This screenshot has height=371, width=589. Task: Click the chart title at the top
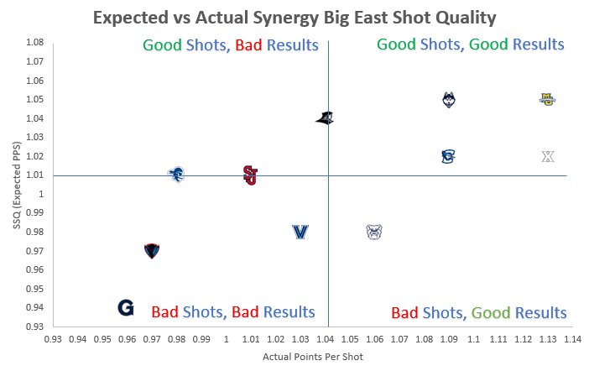click(295, 18)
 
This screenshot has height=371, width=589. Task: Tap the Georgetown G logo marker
click(126, 307)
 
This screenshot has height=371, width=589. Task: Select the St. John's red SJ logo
click(250, 175)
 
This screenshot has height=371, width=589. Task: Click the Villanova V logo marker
click(300, 232)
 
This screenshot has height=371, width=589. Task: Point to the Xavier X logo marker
click(548, 156)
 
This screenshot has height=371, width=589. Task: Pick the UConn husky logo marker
click(449, 100)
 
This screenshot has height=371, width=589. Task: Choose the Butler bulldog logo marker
click(374, 232)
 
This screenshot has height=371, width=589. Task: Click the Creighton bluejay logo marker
click(448, 156)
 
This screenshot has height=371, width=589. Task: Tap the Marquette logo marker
click(547, 99)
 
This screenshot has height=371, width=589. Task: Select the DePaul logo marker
click(151, 250)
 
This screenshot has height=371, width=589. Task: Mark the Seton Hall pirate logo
click(176, 175)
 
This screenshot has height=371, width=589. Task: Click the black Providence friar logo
click(325, 118)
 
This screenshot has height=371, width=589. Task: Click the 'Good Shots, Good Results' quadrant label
click(470, 44)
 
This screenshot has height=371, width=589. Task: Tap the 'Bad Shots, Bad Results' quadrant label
click(233, 312)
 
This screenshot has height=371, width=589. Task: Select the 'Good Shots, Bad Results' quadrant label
click(231, 44)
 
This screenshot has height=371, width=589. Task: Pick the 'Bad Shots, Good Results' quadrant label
click(479, 312)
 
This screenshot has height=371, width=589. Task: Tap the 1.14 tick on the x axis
click(572, 339)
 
